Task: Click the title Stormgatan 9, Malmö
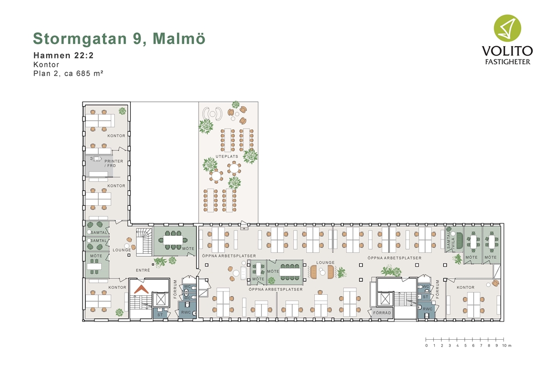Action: (119, 39)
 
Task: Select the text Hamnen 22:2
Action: (63, 55)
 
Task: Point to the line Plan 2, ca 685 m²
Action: (68, 73)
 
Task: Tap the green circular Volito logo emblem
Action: (507, 28)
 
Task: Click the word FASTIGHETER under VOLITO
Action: (507, 62)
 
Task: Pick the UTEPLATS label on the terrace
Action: (227, 156)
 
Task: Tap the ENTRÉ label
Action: (143, 270)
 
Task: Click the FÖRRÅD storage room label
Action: (382, 313)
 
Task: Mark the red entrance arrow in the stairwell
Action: (142, 289)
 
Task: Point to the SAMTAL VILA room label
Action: (450, 241)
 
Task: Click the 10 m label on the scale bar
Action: (506, 345)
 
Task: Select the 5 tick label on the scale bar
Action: (465, 345)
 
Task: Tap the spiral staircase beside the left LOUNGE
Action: (144, 241)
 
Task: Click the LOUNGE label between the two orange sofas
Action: (325, 263)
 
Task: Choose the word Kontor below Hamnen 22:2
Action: (46, 64)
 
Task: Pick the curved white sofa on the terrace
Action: (212, 113)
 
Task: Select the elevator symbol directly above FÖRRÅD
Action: (385, 300)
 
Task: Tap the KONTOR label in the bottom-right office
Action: (466, 287)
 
